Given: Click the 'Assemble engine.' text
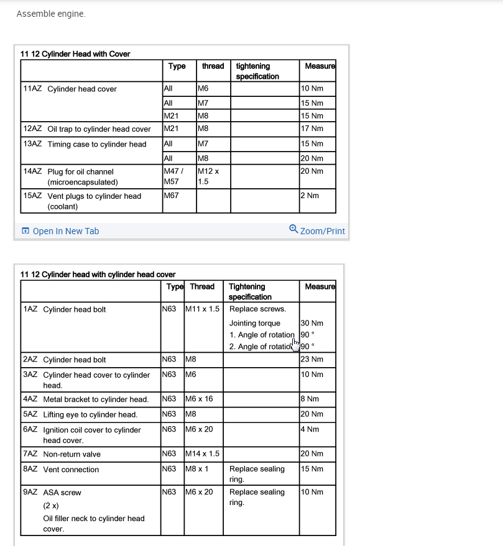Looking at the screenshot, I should pos(51,14).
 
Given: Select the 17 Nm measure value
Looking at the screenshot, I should pos(312,129).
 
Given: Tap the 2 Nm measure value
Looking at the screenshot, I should pos(310,196).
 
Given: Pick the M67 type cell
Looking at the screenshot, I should pos(172,196).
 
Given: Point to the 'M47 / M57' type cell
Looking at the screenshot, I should pos(172,176).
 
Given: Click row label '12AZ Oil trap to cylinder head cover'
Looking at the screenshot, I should pos(87,129).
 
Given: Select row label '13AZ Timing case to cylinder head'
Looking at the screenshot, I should pos(85,144).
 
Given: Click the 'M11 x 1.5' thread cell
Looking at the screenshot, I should pos(202,309).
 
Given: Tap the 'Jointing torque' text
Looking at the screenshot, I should pos(255,323).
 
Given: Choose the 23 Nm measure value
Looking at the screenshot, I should pos(312,359).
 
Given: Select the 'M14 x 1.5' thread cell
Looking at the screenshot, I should pos(202,453).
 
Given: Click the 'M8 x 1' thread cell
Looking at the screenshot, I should pos(197,469).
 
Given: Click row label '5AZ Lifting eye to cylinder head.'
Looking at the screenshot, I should pos(80,414).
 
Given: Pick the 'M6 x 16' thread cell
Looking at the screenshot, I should pos(200,399).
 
